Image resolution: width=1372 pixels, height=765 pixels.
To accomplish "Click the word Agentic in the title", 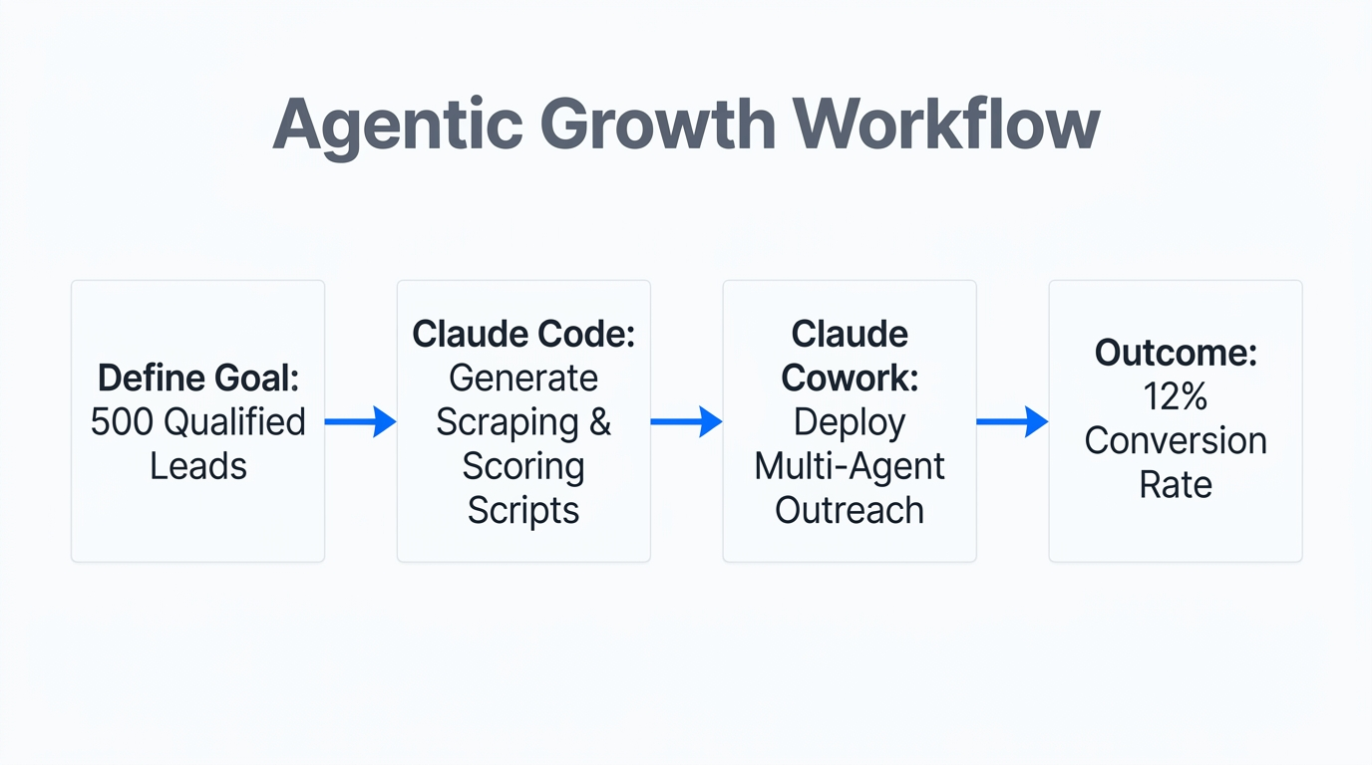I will point(398,125).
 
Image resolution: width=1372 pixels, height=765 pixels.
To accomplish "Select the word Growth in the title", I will point(658,125).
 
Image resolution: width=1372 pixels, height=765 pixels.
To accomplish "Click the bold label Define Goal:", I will point(198,378).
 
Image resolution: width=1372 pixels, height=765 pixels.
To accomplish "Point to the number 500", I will point(122,421).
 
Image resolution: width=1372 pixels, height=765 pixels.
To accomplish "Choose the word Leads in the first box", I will point(198,465).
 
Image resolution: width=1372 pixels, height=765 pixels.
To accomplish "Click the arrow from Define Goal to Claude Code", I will point(360,421).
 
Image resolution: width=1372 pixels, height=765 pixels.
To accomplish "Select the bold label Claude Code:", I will point(523,334).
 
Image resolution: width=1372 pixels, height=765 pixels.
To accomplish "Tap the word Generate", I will point(523,378).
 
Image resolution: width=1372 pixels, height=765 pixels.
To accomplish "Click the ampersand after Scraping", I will point(599,421).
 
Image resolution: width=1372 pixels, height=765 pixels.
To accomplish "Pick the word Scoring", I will point(523,465).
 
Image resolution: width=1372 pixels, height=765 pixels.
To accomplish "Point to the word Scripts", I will point(523,509).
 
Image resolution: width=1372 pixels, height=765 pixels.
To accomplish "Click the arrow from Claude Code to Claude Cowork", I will point(686,421).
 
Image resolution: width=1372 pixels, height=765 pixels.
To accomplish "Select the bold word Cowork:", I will point(850,378).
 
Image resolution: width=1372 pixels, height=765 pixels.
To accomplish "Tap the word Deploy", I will point(850,421).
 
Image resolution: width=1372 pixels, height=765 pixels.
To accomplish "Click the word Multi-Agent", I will point(850,465).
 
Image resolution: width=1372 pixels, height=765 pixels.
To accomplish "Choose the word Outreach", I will point(850,509).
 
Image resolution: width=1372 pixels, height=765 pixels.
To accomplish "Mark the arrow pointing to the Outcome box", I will point(1012,421).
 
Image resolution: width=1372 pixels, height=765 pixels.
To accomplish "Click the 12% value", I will point(1176,396).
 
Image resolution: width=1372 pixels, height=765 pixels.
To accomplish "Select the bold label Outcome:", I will point(1176,353).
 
